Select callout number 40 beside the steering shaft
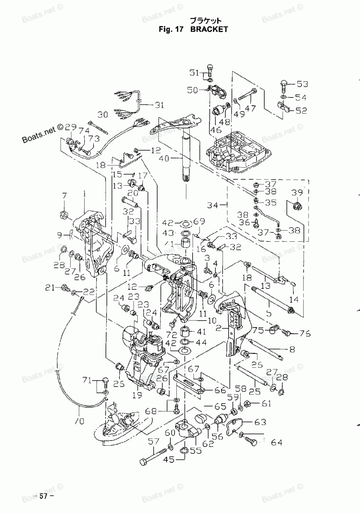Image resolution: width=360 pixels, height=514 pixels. pos(164,158)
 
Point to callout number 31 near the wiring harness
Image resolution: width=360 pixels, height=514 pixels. pos(159,105)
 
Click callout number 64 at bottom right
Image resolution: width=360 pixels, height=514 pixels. pos(276,442)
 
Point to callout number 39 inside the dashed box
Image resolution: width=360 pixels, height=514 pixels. pos(297,193)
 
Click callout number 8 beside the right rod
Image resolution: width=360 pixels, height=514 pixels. pos(292,349)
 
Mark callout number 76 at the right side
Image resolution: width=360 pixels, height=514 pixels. pos(305,334)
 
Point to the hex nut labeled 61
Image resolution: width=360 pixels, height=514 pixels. pos(248,404)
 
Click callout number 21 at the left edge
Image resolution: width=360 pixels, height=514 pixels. pos(50,287)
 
